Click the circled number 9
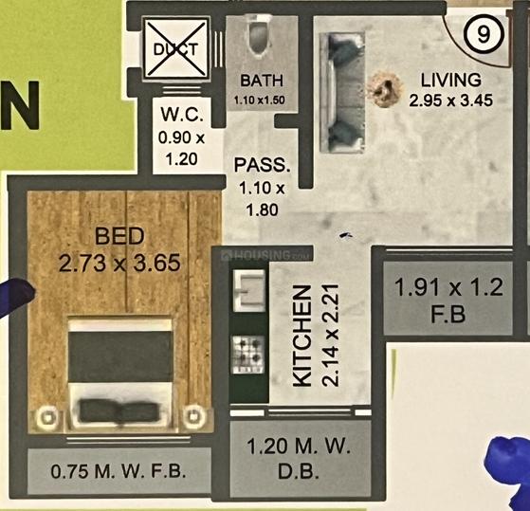click(484, 34)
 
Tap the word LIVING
click(451, 80)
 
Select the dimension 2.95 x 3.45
click(451, 100)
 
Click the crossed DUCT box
click(175, 48)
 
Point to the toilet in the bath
click(260, 36)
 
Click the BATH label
click(262, 81)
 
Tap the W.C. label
click(182, 114)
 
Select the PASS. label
click(262, 166)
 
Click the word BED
click(119, 236)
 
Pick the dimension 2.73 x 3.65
click(119, 264)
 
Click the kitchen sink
click(249, 290)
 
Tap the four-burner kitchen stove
click(247, 355)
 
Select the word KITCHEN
click(302, 336)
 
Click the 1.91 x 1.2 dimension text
click(448, 288)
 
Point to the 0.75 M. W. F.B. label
click(119, 471)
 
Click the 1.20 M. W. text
click(299, 446)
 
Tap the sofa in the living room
click(342, 92)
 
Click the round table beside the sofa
click(385, 89)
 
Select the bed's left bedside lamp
click(47, 417)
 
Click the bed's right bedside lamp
click(194, 415)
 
